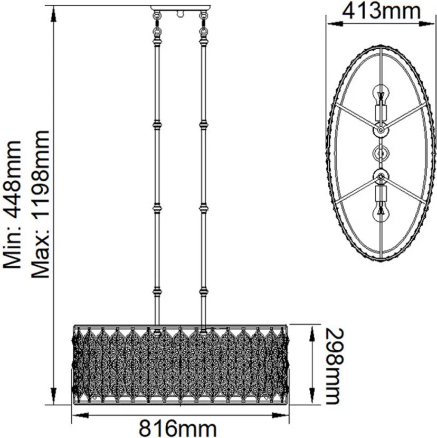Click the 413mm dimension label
(x=381, y=11)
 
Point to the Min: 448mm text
(x=12, y=204)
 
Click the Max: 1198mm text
(x=40, y=204)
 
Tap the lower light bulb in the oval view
(x=381, y=213)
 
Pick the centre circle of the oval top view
(x=381, y=153)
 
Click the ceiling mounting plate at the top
(x=181, y=8)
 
